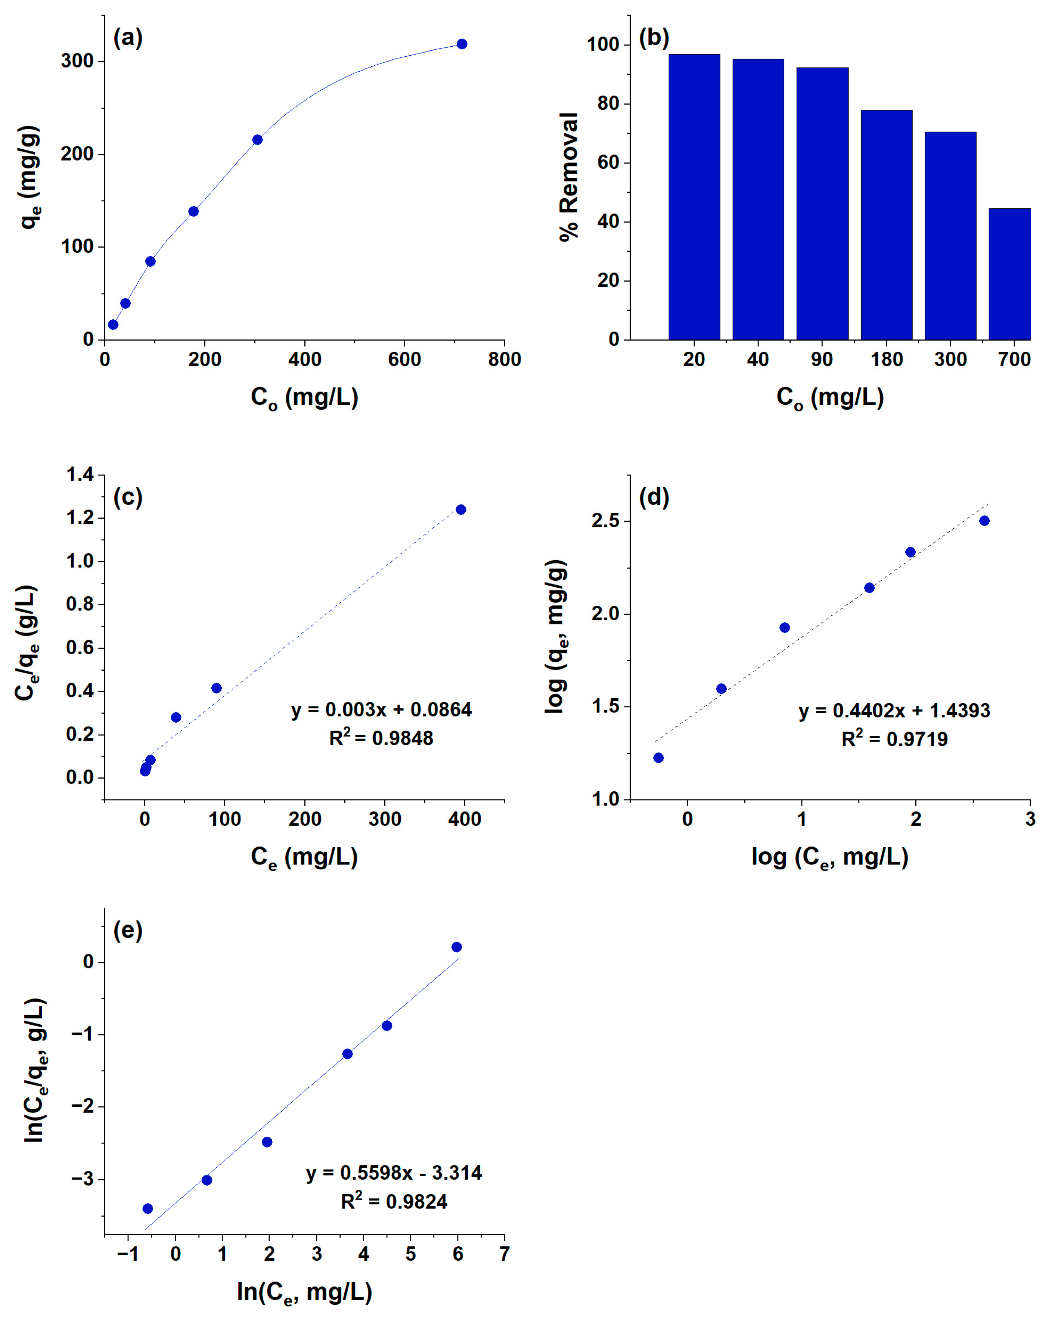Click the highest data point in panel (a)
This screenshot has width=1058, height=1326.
click(x=461, y=44)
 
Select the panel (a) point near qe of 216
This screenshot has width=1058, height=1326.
click(x=257, y=140)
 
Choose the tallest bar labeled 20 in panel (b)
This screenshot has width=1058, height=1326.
click(x=694, y=197)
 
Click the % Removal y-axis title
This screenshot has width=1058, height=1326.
click(x=570, y=177)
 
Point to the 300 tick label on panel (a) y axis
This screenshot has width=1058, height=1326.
click(x=77, y=61)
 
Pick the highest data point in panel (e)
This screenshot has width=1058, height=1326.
click(x=456, y=947)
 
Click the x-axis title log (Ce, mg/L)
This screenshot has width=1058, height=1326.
click(x=830, y=856)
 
